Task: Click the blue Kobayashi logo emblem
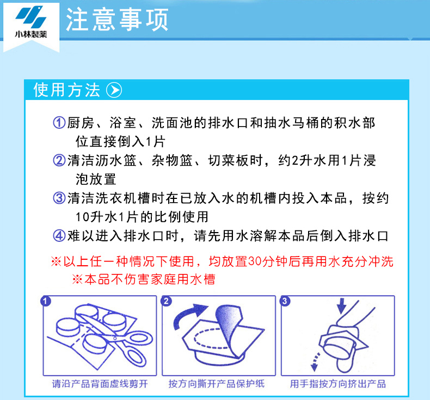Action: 30,17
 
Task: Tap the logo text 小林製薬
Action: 30,34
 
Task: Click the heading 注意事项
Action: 117,20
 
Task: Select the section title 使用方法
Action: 66,90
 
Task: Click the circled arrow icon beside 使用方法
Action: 114,90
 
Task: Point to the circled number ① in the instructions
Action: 59,122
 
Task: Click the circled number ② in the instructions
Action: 59,160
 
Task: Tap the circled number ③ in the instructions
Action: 59,198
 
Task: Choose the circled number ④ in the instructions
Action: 59,236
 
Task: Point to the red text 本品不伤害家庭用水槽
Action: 150,279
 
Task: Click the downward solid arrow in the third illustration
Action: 341,305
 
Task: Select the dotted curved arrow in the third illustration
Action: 315,362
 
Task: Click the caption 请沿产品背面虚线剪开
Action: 100,384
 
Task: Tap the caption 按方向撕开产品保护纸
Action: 217,384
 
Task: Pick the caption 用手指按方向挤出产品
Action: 338,384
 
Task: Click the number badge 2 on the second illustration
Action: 166,301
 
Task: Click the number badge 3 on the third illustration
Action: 285,301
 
